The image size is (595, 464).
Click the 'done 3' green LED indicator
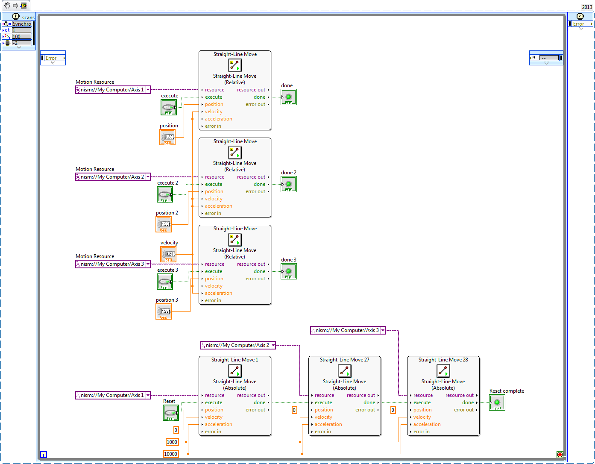(289, 271)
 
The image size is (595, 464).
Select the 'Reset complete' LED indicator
(497, 402)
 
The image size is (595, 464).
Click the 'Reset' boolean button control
(171, 413)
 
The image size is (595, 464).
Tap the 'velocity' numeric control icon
(168, 254)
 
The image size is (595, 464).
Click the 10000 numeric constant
(170, 454)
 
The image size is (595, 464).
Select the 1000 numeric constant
(172, 442)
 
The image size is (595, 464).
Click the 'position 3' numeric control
(164, 311)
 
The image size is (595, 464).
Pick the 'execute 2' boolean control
(165, 194)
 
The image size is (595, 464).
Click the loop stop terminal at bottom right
(560, 454)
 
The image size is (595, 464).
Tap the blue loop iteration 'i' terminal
(44, 455)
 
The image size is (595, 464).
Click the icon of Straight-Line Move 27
(344, 371)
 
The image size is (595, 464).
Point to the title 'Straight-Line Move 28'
(443, 360)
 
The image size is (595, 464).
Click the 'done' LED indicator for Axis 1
(289, 97)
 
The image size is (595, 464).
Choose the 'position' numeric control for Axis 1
(167, 137)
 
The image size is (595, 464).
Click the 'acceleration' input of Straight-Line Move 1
(218, 424)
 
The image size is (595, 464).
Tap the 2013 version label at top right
(587, 7)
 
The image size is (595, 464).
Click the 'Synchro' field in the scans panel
(21, 24)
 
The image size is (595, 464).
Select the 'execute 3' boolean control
(165, 282)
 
